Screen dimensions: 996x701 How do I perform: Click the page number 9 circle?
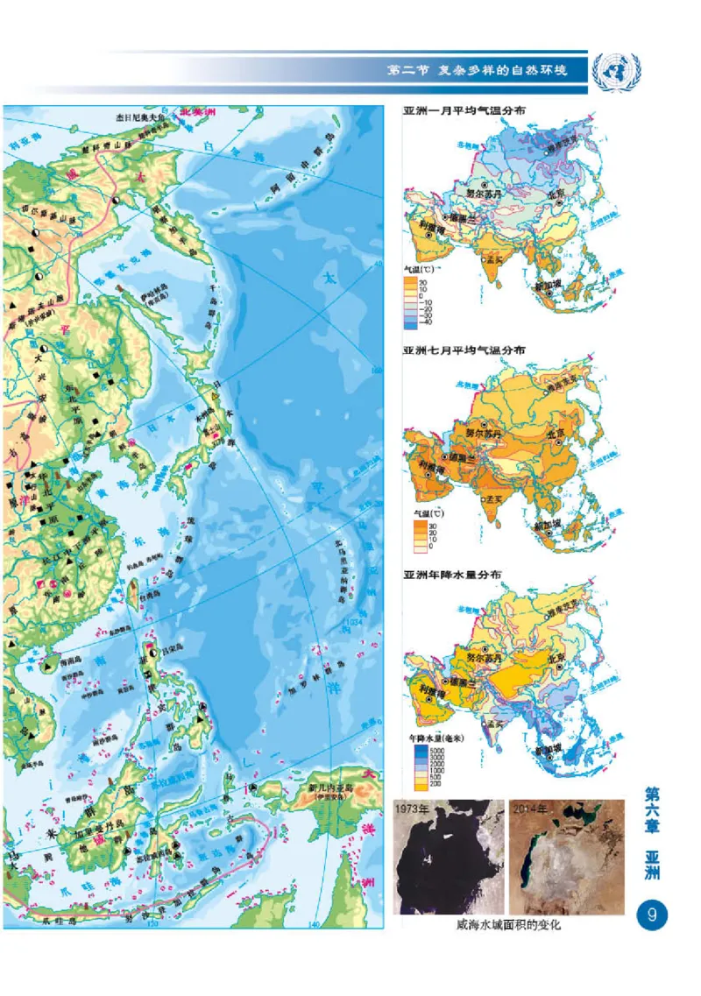[x=651, y=915]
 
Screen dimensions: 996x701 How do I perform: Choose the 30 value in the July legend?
[x=430, y=524]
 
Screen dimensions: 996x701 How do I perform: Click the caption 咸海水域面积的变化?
[x=507, y=925]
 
